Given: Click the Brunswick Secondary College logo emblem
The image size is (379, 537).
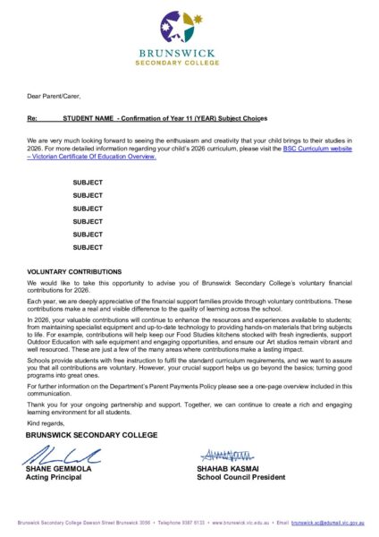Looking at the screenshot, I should (189, 27).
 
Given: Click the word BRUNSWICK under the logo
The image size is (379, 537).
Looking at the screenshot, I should (189, 53).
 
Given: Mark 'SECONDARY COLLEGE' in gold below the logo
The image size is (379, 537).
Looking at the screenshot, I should (189, 63).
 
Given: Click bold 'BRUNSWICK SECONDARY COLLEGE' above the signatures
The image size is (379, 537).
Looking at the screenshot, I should (92, 435).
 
